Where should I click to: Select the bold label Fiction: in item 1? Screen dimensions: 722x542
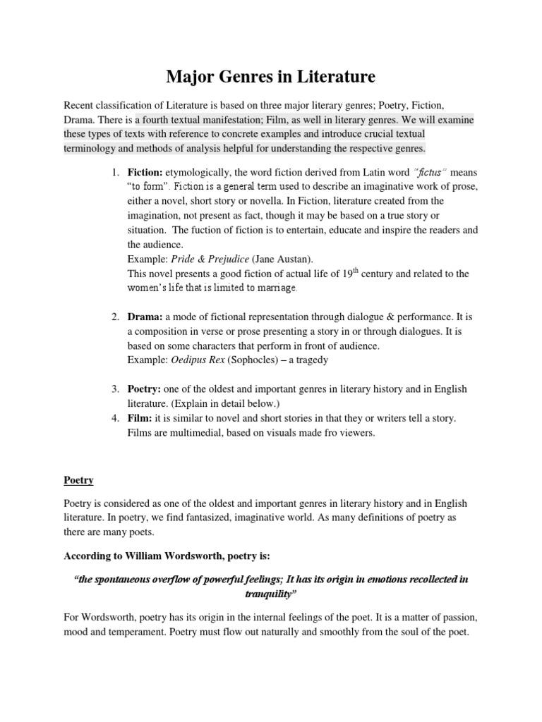coord(145,171)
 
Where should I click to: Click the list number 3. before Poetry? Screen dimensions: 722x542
coord(116,389)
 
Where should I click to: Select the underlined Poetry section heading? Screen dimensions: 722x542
coord(79,479)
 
